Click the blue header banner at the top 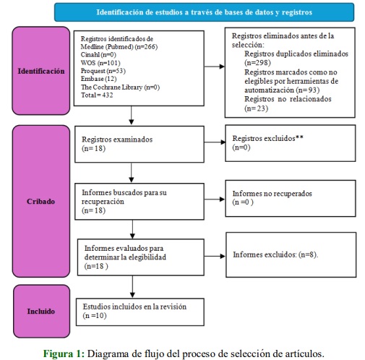(204, 12)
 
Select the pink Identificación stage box (41, 71)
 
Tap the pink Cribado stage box (41, 201)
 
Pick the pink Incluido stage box (41, 311)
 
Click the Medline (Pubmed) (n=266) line (119, 47)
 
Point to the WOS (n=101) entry (100, 63)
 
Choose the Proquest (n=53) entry (103, 71)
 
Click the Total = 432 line (97, 95)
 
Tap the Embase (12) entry (98, 79)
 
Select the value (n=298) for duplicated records (257, 63)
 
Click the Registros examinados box (139, 144)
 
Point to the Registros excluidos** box (291, 143)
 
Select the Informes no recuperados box (291, 198)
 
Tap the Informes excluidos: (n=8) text (275, 254)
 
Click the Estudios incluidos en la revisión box (140, 312)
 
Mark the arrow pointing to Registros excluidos (215, 142)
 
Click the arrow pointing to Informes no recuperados (215, 200)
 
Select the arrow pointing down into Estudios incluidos (132, 287)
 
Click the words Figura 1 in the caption (64, 353)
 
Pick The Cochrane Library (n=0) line (120, 87)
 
